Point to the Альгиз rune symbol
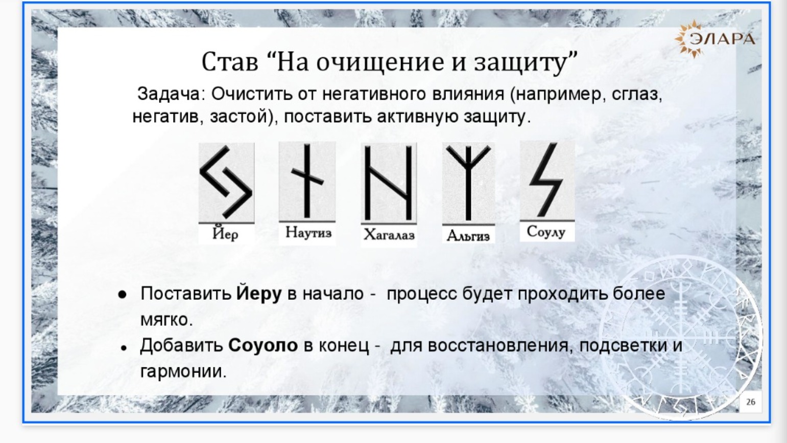point(468,183)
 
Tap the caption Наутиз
point(308,232)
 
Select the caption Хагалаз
point(389,234)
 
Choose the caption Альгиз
point(468,235)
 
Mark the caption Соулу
point(546,232)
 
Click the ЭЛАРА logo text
point(722,39)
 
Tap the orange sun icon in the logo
point(685,39)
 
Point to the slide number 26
point(750,402)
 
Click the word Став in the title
point(230,62)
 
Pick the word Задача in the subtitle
point(168,94)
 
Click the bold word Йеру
point(258,294)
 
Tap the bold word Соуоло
point(263,345)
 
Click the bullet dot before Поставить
point(122,295)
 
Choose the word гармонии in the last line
point(183,371)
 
